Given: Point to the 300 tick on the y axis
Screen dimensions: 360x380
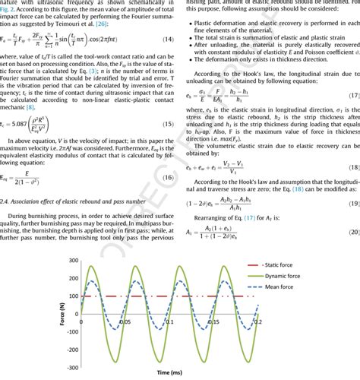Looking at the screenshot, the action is click(73, 260).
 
